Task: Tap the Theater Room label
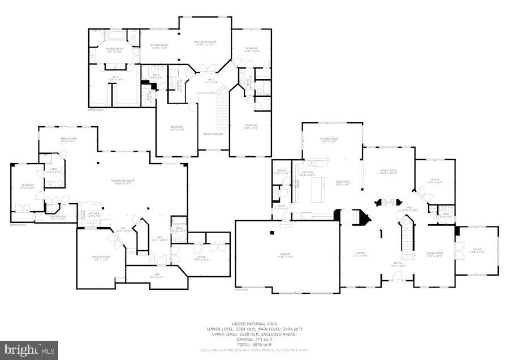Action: [x=101, y=257]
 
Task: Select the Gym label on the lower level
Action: [x=156, y=275]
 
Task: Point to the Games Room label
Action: [x=68, y=139]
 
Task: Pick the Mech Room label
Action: [x=58, y=217]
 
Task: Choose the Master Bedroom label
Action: [x=205, y=42]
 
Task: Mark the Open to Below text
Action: [x=213, y=134]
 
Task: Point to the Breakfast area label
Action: [x=343, y=182]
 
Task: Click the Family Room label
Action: [x=389, y=170]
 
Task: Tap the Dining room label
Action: [x=360, y=253]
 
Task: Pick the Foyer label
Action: [x=398, y=263]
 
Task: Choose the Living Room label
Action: [x=434, y=253]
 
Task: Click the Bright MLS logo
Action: [x=29, y=350]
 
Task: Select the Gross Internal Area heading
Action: [x=255, y=324]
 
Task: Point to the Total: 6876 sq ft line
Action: [x=255, y=344]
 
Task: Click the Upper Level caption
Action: [x=96, y=110]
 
